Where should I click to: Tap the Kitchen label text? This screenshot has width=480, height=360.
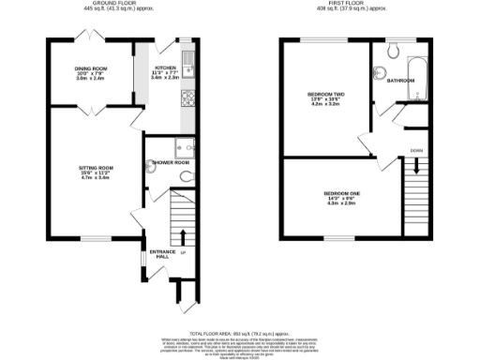tap(165, 68)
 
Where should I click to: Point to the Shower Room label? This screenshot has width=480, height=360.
tap(169, 161)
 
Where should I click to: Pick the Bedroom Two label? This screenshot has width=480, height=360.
tap(325, 94)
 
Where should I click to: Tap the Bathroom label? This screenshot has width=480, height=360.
tap(400, 80)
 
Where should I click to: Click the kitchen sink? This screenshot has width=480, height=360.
tap(188, 64)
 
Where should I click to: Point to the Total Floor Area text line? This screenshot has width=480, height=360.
tap(239, 333)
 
